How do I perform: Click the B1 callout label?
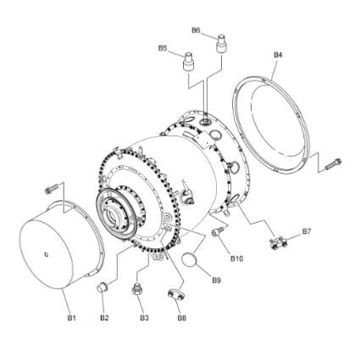pos(71,318)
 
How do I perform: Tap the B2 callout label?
pos(104,318)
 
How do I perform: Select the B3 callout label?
pos(144,318)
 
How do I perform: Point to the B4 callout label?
pos(278,55)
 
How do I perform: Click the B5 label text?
pos(163,48)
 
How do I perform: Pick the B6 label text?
pos(196,30)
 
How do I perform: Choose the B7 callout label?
pos(307,231)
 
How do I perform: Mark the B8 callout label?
pos(182,318)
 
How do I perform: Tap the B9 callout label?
pos(217,280)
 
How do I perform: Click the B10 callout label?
pos(236,258)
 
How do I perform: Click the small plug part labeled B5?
pos(188,61)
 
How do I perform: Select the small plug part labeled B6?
pos(221,43)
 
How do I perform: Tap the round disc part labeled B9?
pos(189,259)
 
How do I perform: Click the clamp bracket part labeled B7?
pos(278,243)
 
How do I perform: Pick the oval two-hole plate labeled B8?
pos(175,294)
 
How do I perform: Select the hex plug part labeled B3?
pos(136,289)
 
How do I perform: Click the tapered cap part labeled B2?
pos(102,287)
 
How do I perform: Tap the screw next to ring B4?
pos(333,164)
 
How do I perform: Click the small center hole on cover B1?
pos(47,255)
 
